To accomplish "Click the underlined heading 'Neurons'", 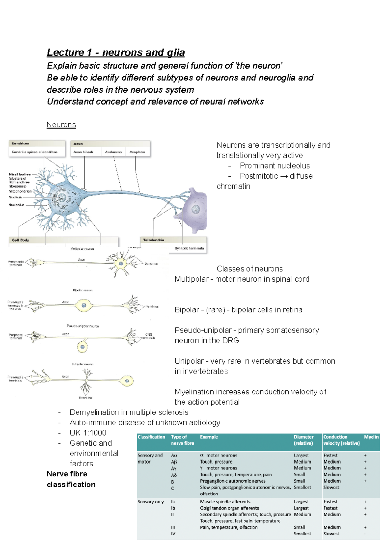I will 61,125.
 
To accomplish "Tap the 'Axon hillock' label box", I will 83,152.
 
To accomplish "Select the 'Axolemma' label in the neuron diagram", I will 113,152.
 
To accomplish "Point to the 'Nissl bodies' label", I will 20,174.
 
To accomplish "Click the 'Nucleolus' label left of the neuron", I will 16,205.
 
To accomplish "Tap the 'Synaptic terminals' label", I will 189,248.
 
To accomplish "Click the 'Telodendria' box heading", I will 153,240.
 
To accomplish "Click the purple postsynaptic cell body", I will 195,210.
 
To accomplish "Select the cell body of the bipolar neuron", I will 84,305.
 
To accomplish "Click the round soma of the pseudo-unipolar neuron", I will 82,347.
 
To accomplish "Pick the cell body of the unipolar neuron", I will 127,381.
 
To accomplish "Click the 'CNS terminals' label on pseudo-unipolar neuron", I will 149,336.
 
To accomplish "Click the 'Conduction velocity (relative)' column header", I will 341,440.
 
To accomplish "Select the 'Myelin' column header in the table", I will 371,437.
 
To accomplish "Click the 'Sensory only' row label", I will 151,502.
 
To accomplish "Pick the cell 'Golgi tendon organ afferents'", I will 229,508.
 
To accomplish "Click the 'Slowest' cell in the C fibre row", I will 331,487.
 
